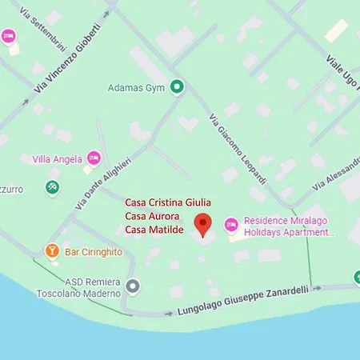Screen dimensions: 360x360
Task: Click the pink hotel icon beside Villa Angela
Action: [x=94, y=158]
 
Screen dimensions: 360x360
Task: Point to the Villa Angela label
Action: [x=57, y=159]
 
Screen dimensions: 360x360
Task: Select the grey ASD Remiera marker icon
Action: [x=133, y=286]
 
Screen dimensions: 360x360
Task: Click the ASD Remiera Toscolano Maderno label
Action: [x=83, y=286]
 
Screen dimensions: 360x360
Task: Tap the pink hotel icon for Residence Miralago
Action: [x=230, y=225]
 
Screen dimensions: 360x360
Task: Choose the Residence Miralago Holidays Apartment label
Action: [x=286, y=226]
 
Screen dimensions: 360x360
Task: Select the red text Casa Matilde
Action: [x=154, y=230]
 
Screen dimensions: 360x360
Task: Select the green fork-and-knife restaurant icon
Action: [x=52, y=187]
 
